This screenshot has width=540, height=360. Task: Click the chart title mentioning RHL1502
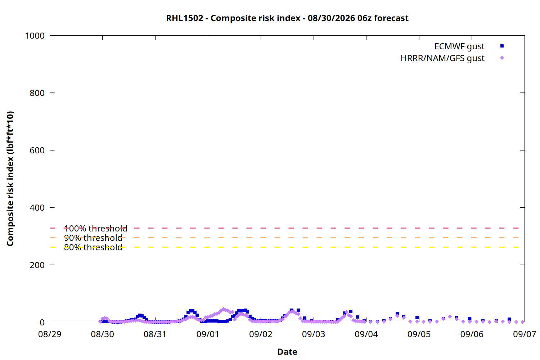pos(287,18)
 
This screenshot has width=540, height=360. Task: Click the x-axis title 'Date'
pos(287,352)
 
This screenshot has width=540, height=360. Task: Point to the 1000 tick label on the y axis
pos(35,36)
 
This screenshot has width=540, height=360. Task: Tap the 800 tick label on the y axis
pos(37,93)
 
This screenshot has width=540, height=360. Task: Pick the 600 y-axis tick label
pos(37,150)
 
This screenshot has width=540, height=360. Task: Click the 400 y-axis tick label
pos(37,208)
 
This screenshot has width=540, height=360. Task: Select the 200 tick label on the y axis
pos(37,265)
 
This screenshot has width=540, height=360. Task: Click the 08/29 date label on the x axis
pos(50,334)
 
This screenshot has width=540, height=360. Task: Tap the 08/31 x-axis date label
pos(155,334)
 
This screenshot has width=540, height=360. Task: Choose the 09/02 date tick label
pos(261,334)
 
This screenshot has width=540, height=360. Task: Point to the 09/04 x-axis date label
pos(366,334)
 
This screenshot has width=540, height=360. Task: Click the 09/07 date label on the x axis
pos(524,334)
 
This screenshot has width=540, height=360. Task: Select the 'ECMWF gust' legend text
pos(459,46)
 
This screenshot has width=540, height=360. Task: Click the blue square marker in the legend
pos(502,46)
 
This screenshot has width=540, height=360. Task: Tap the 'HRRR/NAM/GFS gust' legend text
pos(442,58)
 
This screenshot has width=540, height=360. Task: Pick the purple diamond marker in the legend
pos(502,58)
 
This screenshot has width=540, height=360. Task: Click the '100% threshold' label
pos(96,228)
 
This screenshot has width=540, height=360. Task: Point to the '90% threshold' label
pos(93,238)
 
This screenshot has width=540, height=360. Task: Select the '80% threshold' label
pos(93,247)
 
